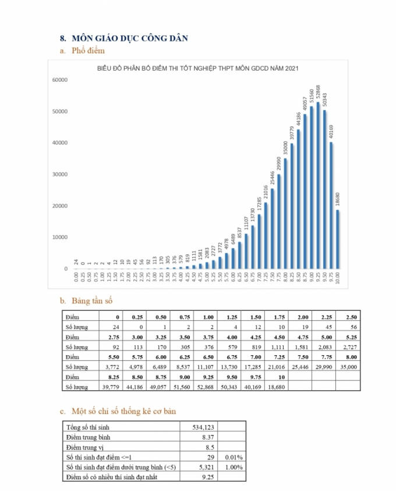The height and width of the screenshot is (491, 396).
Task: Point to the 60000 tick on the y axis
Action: click(x=61, y=80)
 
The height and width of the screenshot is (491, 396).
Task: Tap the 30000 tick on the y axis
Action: click(x=61, y=174)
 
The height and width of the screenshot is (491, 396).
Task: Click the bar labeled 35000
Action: click(x=285, y=213)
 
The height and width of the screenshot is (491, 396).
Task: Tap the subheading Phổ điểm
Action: click(x=87, y=52)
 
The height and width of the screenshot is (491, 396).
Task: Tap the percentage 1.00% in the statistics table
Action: click(x=234, y=467)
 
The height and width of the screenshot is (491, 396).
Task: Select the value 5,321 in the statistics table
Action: click(x=203, y=467)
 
